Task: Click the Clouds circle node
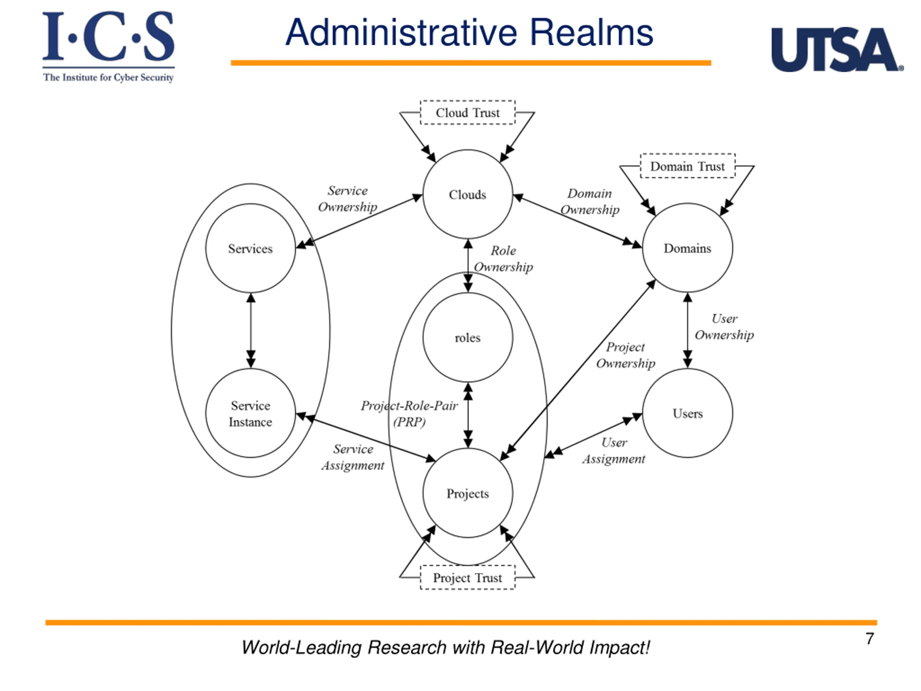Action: point(468,194)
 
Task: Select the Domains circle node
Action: point(688,248)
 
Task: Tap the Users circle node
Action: point(688,413)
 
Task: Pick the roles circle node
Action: point(468,337)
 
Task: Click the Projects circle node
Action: point(468,493)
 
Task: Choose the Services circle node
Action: point(250,249)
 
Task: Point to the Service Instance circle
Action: point(250,413)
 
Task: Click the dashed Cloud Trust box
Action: point(468,112)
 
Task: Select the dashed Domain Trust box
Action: point(688,166)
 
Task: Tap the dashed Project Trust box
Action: point(468,578)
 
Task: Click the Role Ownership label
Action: point(503,259)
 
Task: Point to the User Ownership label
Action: point(724,327)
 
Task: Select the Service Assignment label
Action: point(353,457)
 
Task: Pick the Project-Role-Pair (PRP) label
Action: point(409,414)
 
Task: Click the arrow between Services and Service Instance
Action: point(251,331)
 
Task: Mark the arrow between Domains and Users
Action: point(688,330)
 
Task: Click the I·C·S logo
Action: point(108,46)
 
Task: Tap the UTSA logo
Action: point(836,50)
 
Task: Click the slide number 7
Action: point(869,638)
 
